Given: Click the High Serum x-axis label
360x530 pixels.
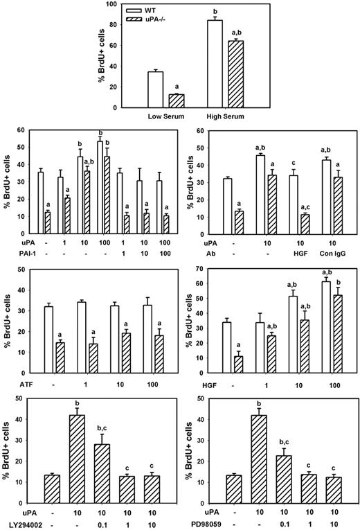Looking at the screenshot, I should coord(222,114).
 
